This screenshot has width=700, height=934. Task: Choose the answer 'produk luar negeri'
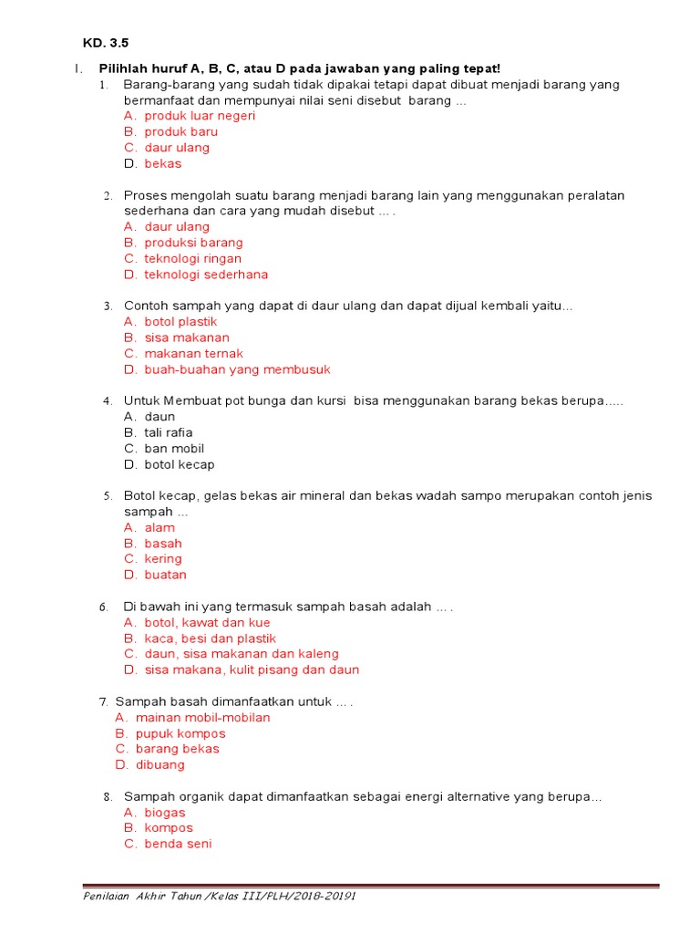coord(200,116)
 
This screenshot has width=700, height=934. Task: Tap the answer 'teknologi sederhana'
coord(206,275)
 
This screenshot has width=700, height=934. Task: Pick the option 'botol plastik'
coord(180,322)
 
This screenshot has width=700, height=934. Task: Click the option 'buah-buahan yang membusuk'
coord(237,369)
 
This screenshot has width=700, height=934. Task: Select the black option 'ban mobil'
coord(174,449)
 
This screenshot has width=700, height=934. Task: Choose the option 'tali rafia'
coord(169,433)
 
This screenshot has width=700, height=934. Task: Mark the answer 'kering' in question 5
coord(163,559)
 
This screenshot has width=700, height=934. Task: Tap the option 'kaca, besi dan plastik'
coord(210,638)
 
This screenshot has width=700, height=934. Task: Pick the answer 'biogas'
coord(165,813)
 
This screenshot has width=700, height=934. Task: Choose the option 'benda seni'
coord(178,844)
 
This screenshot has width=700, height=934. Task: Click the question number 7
coord(103,701)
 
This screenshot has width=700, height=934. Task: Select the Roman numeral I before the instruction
coord(77,69)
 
